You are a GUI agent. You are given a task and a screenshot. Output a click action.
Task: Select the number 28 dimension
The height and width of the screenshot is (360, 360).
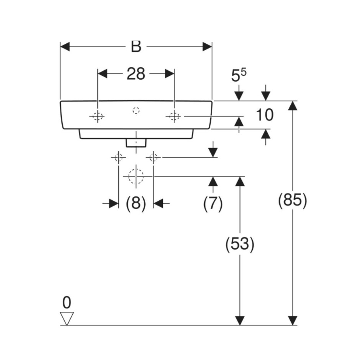[136, 74]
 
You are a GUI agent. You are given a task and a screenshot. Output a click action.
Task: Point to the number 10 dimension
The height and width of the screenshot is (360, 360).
[265, 115]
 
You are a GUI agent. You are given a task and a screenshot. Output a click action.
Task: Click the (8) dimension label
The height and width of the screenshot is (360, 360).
[136, 203]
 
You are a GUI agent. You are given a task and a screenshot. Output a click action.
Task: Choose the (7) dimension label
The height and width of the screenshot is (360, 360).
[213, 203]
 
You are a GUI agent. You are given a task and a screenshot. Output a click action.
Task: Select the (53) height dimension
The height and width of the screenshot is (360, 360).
[240, 244]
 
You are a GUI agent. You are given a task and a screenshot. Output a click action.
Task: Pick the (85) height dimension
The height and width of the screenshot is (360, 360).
[293, 200]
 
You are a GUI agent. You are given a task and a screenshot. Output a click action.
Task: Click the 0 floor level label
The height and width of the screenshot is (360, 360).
[67, 303]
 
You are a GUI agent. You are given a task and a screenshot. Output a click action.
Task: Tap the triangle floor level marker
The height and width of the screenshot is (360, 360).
[67, 318]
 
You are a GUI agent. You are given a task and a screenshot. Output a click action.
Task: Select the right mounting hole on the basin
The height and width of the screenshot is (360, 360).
[174, 116]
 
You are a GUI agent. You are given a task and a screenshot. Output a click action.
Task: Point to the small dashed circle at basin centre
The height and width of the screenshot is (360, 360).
[136, 110]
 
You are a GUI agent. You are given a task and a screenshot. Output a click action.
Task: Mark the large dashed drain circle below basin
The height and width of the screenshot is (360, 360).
[136, 176]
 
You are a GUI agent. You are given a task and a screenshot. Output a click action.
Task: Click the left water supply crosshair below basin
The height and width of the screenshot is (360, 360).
[118, 157]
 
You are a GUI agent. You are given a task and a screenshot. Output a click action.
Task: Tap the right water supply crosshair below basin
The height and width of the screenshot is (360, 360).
[153, 157]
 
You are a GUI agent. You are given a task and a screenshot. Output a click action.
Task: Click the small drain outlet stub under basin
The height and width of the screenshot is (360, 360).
[136, 143]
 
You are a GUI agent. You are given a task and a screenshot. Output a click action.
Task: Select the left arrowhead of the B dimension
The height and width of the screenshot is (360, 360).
[65, 47]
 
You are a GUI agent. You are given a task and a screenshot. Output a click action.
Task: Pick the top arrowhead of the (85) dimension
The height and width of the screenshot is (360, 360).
[293, 105]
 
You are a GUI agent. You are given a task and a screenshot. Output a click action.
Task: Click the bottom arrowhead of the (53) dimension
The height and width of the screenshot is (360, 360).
[240, 321]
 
